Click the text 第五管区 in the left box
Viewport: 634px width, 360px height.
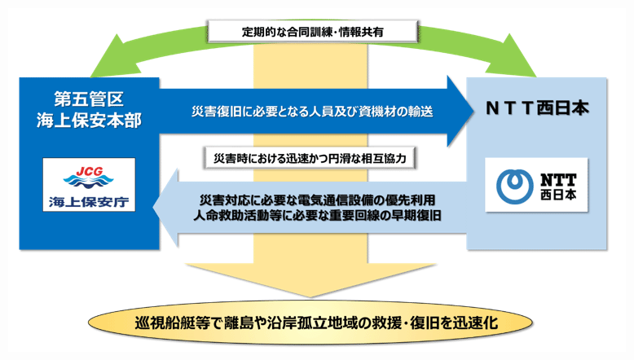(89, 100)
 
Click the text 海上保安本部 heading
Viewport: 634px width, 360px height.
(89, 119)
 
